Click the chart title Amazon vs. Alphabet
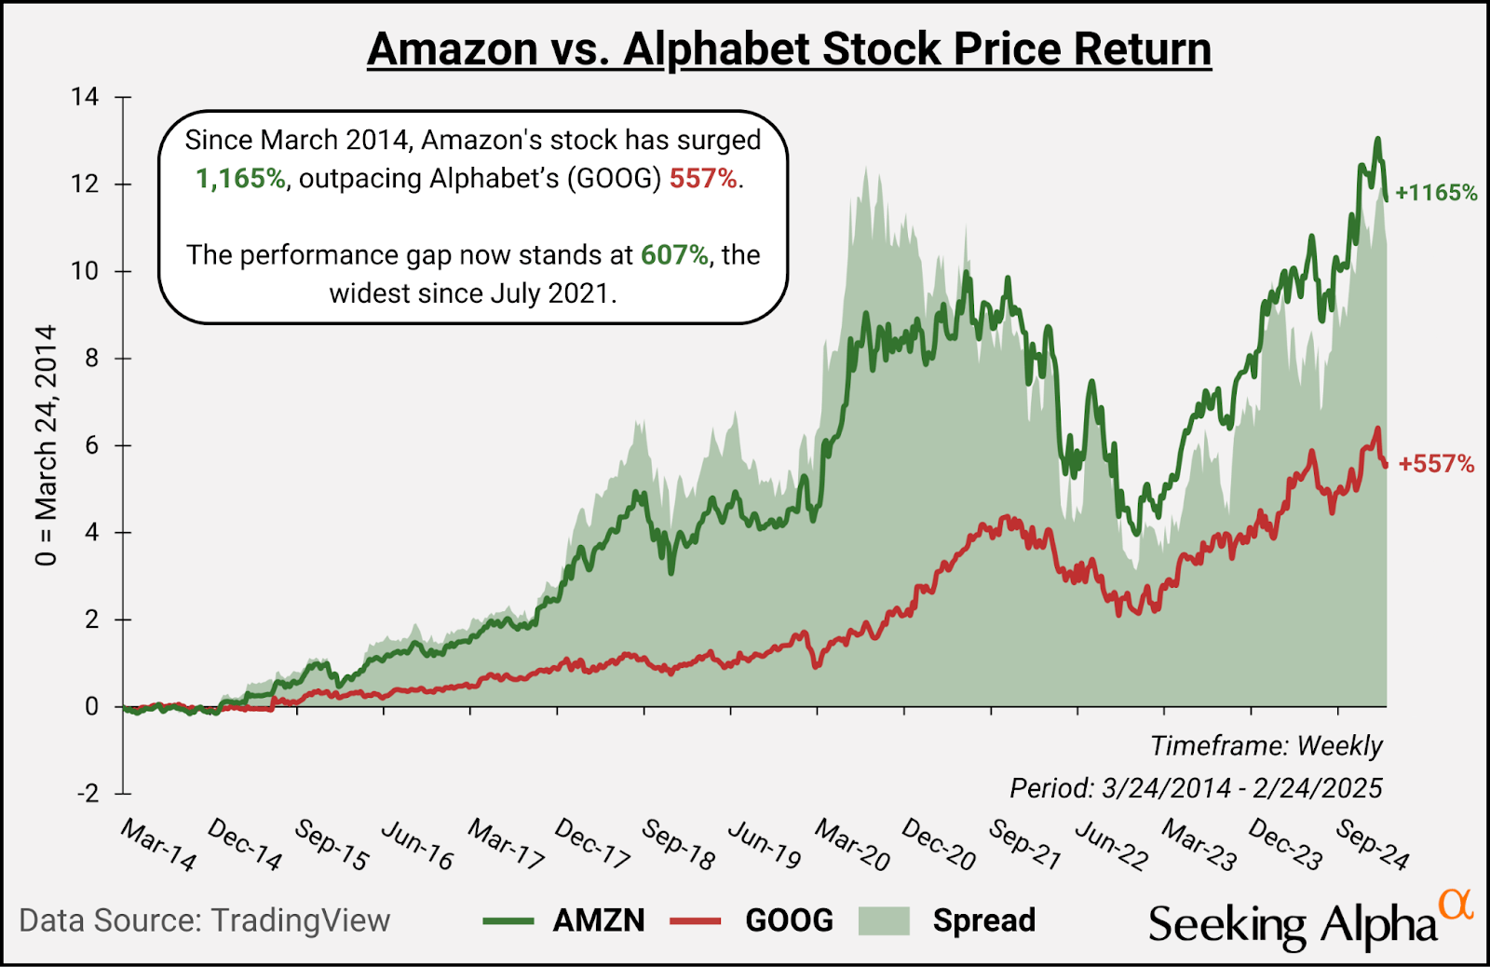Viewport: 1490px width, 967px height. pyautogui.click(x=789, y=48)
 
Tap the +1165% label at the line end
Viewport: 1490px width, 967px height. pyautogui.click(x=1436, y=193)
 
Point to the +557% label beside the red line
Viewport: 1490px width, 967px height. pyautogui.click(x=1436, y=463)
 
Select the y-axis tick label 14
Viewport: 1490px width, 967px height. pyautogui.click(x=85, y=97)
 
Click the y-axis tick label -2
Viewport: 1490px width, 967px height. pyautogui.click(x=87, y=794)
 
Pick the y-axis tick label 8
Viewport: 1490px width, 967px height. pyautogui.click(x=91, y=359)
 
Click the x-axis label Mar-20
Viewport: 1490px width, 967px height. pyautogui.click(x=852, y=844)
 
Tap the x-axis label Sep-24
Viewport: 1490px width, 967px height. pyautogui.click(x=1373, y=844)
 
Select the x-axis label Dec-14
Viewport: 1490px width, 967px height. pyautogui.click(x=244, y=844)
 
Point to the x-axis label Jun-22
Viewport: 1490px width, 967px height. pyautogui.click(x=1112, y=844)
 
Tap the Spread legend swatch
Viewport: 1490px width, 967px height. pyautogui.click(x=883, y=920)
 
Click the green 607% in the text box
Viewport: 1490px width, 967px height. pyautogui.click(x=674, y=254)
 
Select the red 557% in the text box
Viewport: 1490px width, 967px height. pyautogui.click(x=703, y=178)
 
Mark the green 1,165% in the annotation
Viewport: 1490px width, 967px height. pyautogui.click(x=240, y=178)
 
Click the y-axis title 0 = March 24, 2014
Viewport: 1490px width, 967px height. pyautogui.click(x=47, y=445)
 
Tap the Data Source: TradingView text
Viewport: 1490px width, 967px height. pyautogui.click(x=205, y=920)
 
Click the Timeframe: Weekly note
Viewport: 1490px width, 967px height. pyautogui.click(x=1266, y=745)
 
